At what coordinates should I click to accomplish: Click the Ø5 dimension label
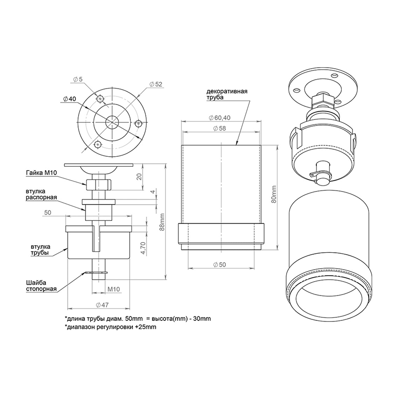pos(78,79)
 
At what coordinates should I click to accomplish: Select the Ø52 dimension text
pos(156,84)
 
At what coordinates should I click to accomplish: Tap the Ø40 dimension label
pos(69,99)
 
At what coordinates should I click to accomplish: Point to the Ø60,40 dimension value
pos(219,118)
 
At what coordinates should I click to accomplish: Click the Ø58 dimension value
pos(219,128)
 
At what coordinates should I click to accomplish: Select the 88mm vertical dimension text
pos(162,222)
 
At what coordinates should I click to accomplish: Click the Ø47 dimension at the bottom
pos(102,305)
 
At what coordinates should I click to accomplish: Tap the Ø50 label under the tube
pos(219,265)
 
